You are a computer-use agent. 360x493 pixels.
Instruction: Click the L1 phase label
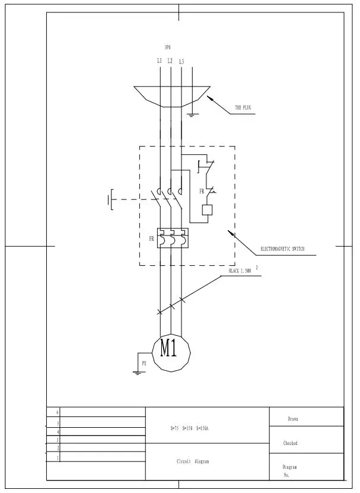click(x=160, y=61)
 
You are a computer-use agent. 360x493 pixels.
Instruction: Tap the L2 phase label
click(x=170, y=61)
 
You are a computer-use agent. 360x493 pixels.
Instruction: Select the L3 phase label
click(x=181, y=61)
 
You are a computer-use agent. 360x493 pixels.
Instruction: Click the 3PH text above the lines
click(x=167, y=47)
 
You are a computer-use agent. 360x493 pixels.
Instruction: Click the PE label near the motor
click(x=143, y=361)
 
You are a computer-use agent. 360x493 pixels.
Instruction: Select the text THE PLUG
click(x=243, y=108)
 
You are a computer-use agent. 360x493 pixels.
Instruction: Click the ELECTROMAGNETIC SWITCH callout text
click(x=282, y=249)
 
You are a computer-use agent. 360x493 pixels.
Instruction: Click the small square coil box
click(x=208, y=209)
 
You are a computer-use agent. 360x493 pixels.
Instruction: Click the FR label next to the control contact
click(x=202, y=192)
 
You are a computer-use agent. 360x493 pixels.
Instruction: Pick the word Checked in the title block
click(x=290, y=443)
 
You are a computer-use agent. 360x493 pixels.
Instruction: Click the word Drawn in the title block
click(x=292, y=419)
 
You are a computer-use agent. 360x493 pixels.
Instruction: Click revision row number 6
click(x=58, y=411)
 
